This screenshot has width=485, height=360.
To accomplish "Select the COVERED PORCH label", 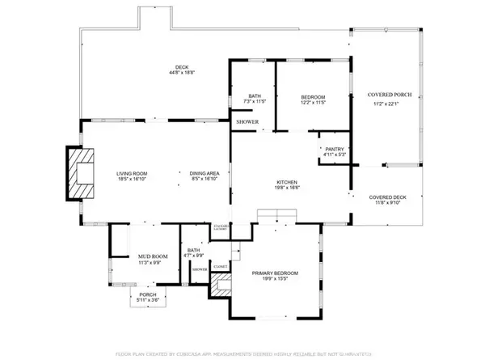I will click(390, 95).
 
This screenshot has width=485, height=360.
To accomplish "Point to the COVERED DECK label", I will click(388, 197).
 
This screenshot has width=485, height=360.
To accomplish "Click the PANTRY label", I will click(335, 149).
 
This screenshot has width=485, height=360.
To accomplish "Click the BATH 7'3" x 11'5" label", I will click(255, 96).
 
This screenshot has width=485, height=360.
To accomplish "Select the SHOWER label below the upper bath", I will click(247, 121).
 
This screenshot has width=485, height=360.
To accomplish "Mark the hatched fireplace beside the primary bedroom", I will click(221, 285).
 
